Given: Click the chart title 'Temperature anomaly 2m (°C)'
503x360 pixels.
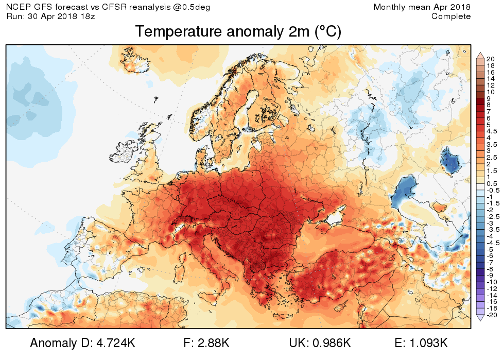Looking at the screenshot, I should pos(238,32).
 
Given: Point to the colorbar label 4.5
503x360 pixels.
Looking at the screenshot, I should pos(491,131).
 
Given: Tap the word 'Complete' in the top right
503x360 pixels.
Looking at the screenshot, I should pos(451,16).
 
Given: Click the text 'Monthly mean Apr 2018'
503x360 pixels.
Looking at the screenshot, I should pos(422,7).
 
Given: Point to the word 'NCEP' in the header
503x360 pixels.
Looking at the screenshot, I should pos(19,7).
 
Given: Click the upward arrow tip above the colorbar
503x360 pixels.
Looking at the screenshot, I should pos(479,54).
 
